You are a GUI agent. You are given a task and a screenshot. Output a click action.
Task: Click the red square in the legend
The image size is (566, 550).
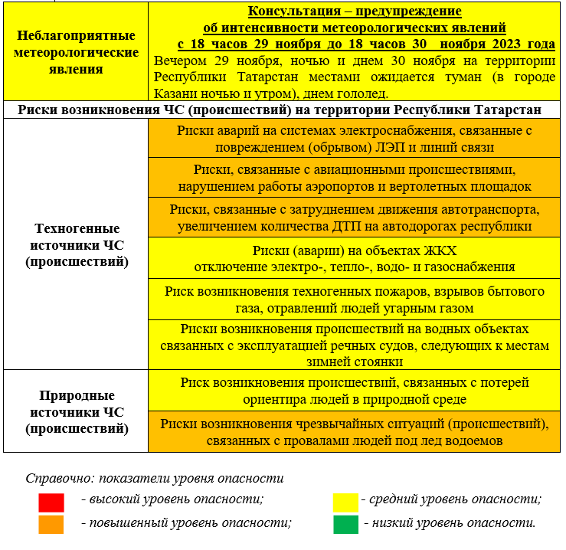[51, 503]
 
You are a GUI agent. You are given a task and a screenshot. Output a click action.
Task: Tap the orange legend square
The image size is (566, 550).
[51, 525]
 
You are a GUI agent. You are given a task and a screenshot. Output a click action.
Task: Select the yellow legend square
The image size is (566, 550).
[345, 503]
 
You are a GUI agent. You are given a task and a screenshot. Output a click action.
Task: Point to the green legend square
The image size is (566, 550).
[345, 525]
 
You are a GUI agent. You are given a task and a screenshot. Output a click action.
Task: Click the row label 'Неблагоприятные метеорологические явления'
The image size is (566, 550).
[77, 52]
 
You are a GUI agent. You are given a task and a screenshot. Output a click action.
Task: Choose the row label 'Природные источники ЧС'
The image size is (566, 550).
[77, 412]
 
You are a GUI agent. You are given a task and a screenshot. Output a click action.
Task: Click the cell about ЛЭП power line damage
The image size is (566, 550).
[354, 139]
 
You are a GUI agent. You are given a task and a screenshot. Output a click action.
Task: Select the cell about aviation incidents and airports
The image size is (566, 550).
[354, 178]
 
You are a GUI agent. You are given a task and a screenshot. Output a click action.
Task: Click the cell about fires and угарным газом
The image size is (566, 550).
[354, 300]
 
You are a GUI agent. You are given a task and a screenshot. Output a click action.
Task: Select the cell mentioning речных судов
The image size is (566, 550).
[354, 345]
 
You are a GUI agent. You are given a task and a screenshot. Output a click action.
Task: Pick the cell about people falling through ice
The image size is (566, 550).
[354, 432]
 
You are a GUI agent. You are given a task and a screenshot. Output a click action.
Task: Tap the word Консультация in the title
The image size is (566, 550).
[293, 11]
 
